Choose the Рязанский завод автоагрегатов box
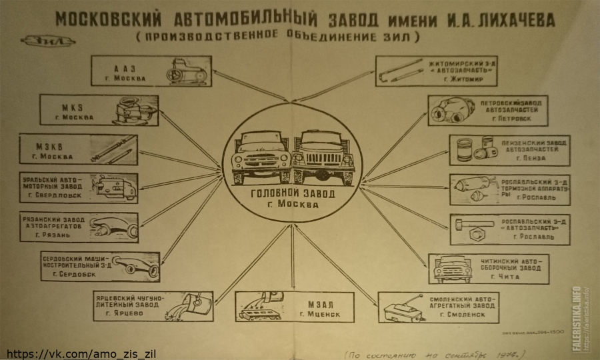(x=78, y=228)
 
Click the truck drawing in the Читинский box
(x=453, y=269)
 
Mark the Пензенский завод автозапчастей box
(x=509, y=150)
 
